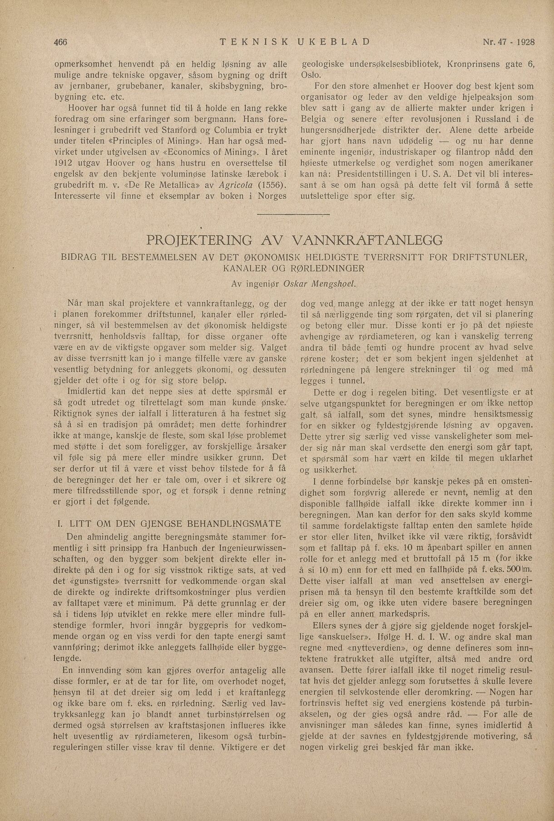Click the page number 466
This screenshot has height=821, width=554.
coord(60,42)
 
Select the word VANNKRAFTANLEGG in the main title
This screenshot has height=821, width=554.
coord(368,239)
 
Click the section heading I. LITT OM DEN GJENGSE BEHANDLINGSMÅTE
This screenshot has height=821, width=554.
coord(174,523)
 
